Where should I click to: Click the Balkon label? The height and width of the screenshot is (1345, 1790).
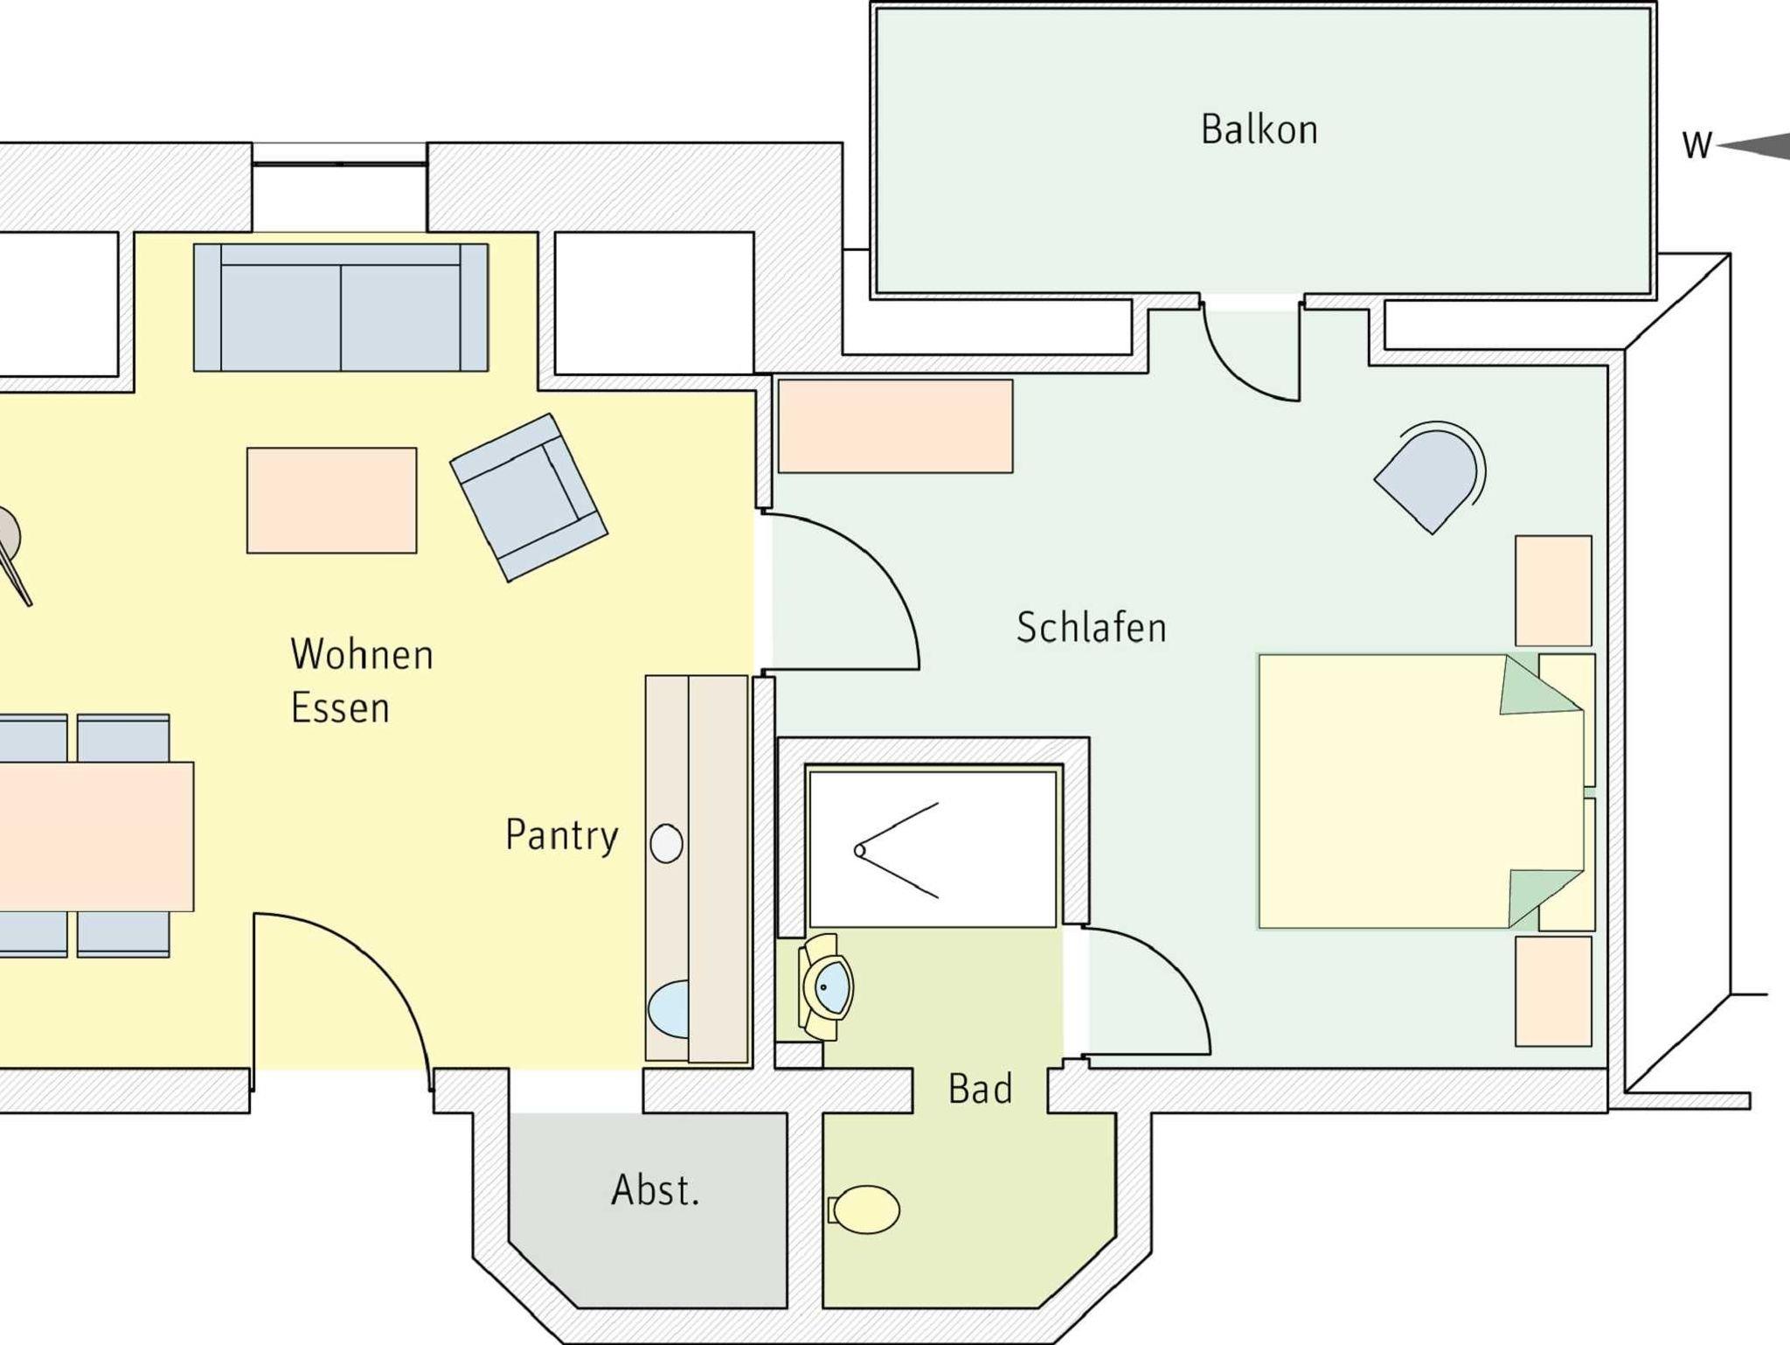[x=1259, y=129]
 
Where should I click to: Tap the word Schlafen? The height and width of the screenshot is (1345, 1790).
[x=1091, y=627]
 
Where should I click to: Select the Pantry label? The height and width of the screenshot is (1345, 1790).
[x=562, y=836]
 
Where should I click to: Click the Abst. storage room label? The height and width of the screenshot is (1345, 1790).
[x=656, y=1189]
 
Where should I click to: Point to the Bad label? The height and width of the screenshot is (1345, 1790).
[x=980, y=1089]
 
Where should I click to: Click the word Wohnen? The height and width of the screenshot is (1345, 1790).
[x=362, y=654]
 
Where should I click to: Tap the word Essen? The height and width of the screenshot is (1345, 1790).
[x=340, y=707]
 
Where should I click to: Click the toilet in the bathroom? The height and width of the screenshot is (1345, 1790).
[x=864, y=1209]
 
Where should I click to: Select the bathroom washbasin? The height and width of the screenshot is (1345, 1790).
[x=825, y=987]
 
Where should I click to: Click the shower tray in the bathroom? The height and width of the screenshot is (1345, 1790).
[x=933, y=848]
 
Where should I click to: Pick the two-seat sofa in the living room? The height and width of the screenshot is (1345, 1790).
[x=341, y=308]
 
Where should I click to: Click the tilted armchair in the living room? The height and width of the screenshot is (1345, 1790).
[x=529, y=497]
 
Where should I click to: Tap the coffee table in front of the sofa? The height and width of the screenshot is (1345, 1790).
[x=332, y=500]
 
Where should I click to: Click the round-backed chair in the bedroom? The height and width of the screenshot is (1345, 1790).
[x=1430, y=477]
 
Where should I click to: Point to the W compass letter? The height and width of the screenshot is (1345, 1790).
[x=1697, y=146]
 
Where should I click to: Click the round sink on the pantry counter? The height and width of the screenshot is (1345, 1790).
[x=667, y=844]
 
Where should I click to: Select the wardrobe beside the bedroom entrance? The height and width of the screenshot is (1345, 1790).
[x=895, y=426]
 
